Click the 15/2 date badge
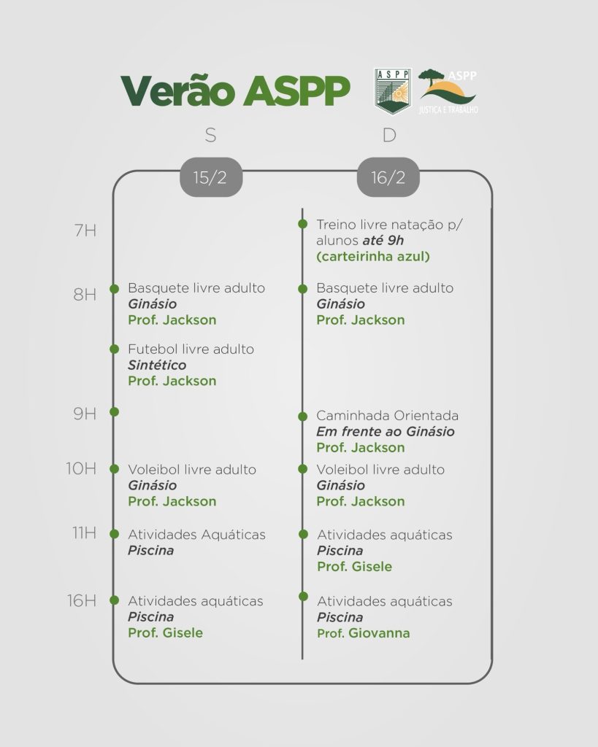pos(211,177)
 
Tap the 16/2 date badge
pos(388,177)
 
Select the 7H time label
pos(85,231)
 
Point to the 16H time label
pos(82,601)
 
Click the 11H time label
pos(85,533)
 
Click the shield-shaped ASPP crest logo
pos(393,91)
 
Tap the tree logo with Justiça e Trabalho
pos(448,91)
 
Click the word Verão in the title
pos(178,90)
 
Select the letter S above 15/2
pos(211,135)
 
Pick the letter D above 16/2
pos(389,135)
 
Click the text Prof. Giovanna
pos(364,633)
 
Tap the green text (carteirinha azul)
pos(373,257)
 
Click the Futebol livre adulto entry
pos(191,349)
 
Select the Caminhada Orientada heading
pos(387,415)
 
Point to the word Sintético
pos(157,365)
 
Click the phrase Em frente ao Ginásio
pos(386,432)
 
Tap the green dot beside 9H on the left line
pos(114,411)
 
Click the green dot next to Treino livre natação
pos(302,224)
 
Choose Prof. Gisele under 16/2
pos(354,566)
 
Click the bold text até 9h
pos(383,241)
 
